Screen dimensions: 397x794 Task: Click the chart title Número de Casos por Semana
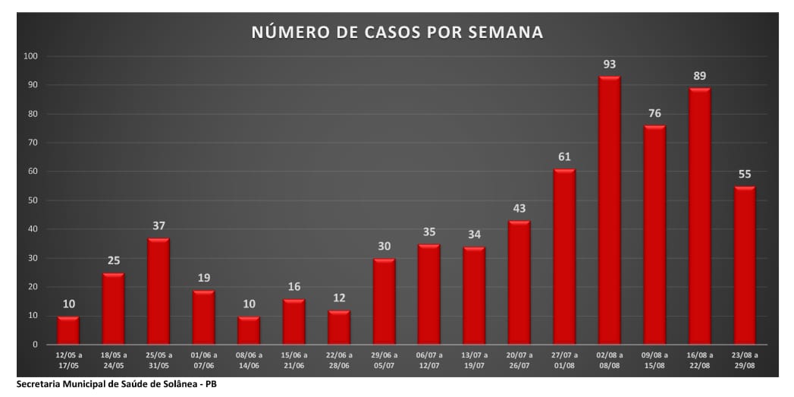coord(397,33)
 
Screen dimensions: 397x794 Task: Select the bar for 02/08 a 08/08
coord(610,210)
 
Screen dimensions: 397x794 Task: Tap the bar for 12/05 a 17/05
coord(68,330)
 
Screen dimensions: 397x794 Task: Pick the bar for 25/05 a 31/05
coord(158,291)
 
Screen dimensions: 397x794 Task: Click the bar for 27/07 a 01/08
coord(564,257)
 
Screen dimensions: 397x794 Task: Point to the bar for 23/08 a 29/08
coord(745,265)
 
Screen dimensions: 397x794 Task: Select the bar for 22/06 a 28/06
coord(339,327)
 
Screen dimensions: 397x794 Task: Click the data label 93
coord(610,65)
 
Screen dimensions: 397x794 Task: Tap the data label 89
coord(700,76)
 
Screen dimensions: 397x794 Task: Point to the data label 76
coord(654,114)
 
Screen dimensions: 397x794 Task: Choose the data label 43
coord(519,209)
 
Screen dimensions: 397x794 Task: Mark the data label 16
coord(294,287)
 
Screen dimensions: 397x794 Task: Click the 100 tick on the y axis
coord(31,56)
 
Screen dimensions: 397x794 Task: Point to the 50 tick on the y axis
coord(33,200)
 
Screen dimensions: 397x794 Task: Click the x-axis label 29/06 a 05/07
coord(384,360)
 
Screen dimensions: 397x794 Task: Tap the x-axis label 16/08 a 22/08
coord(700,360)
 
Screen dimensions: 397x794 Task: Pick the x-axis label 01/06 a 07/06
coord(204,360)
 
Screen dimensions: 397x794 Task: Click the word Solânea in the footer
coord(168,385)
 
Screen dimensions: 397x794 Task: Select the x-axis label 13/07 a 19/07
coord(475,360)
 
